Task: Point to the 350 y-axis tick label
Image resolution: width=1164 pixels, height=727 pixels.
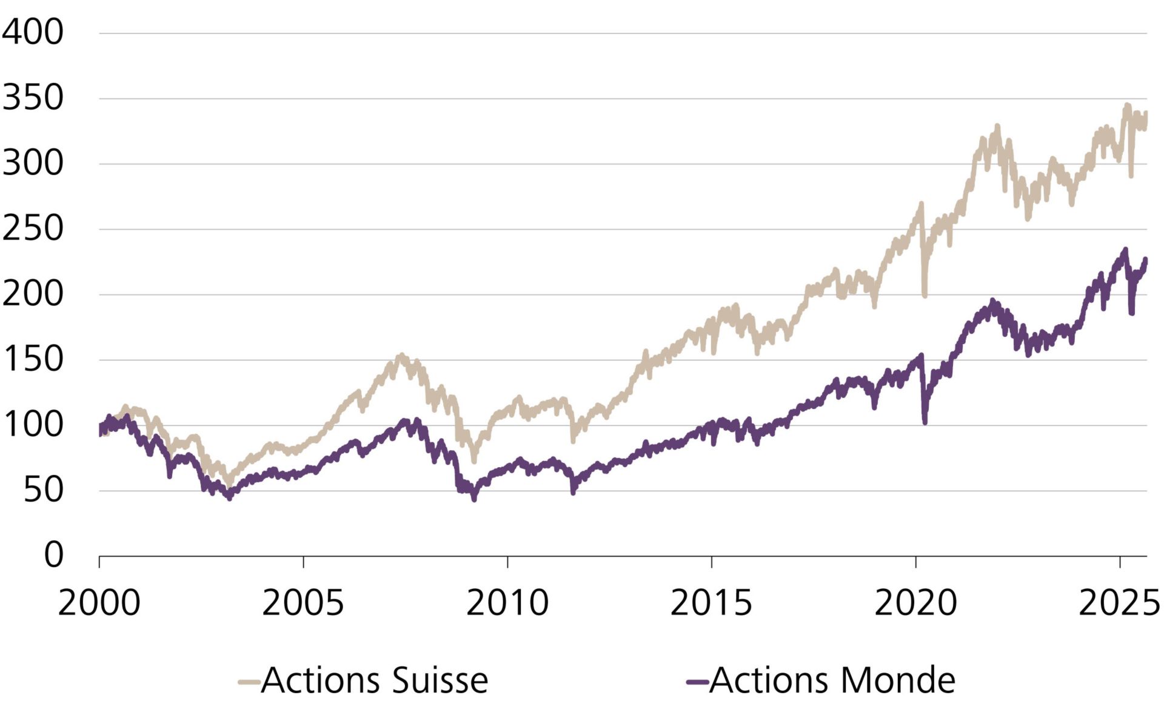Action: [x=33, y=98]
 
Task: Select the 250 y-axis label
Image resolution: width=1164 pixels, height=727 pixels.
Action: [x=33, y=228]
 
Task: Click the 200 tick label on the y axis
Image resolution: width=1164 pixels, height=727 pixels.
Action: [x=33, y=294]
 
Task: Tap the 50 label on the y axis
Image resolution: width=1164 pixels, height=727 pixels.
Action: [x=44, y=490]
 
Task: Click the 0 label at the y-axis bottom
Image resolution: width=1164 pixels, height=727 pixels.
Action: [x=53, y=554]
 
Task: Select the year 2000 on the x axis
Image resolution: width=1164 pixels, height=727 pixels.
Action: [x=99, y=603]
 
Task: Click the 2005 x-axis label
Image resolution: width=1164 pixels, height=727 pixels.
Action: [x=303, y=603]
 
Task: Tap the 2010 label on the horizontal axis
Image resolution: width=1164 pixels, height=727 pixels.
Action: [x=507, y=603]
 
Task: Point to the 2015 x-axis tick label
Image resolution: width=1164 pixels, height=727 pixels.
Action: [x=711, y=603]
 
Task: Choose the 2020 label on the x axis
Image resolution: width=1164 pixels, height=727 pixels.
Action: [x=915, y=603]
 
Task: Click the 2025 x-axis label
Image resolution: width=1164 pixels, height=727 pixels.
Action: [x=1119, y=603]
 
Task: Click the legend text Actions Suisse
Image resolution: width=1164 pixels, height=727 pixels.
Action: [x=375, y=680]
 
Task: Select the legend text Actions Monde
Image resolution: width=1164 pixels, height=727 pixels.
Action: [x=832, y=680]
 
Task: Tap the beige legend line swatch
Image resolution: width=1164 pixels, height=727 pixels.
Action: [x=249, y=682]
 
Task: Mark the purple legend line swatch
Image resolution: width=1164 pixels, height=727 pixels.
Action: [x=697, y=682]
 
